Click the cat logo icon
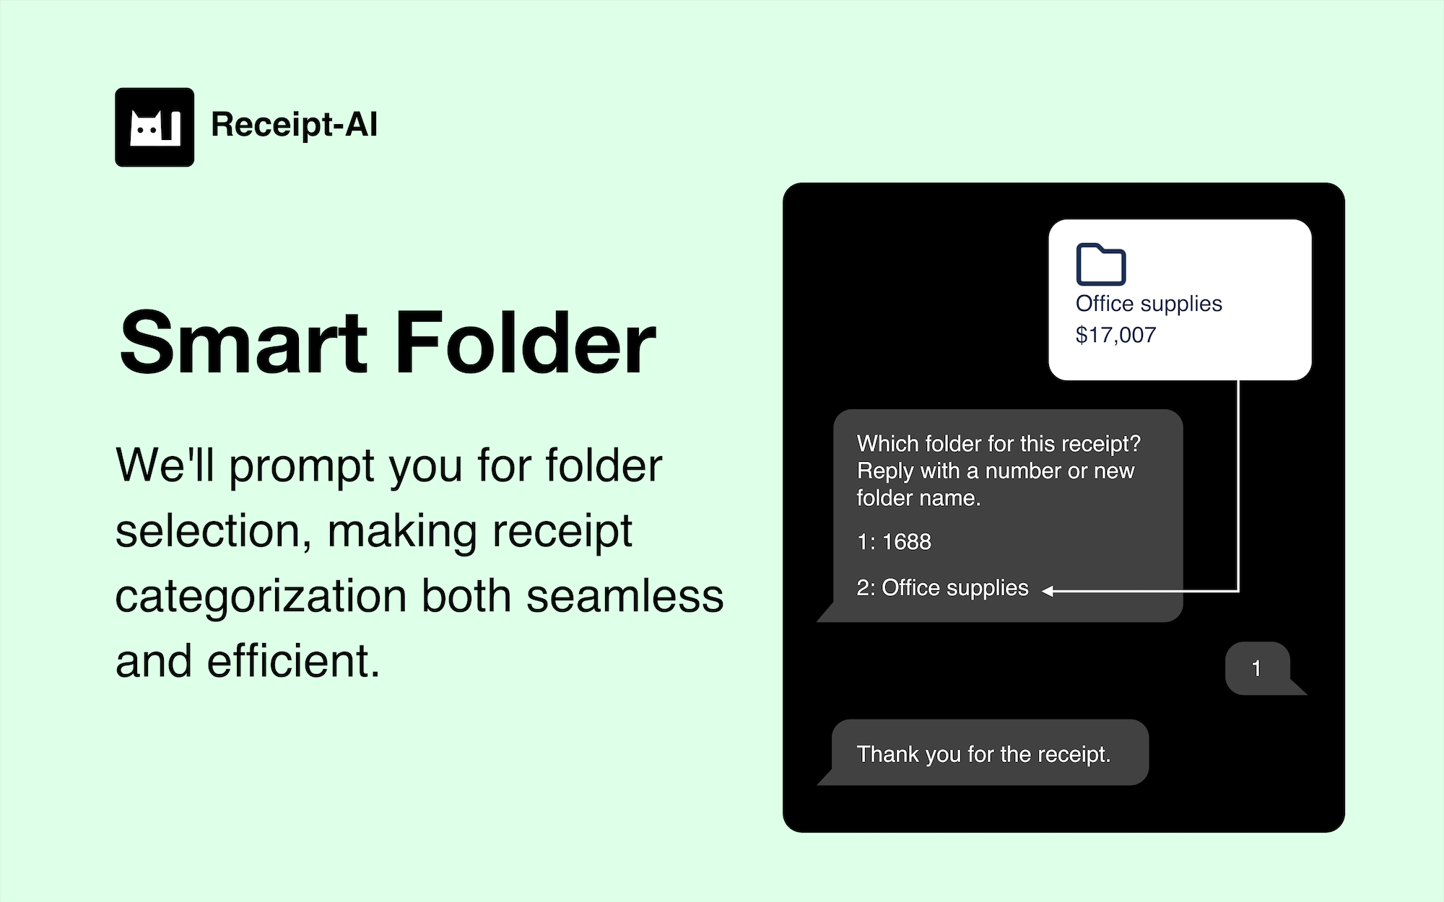(155, 127)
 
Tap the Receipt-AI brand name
(294, 125)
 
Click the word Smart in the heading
(244, 343)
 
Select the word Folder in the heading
(526, 343)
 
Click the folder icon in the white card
(1100, 264)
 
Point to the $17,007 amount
(1115, 335)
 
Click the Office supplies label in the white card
(1149, 304)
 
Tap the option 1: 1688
(894, 542)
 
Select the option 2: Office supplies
(942, 588)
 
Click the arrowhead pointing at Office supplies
(1048, 591)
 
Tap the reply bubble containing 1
(1259, 668)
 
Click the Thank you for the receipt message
(983, 754)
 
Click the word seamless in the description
(625, 597)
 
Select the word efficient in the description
(293, 661)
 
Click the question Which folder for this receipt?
(999, 444)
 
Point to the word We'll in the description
(165, 465)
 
